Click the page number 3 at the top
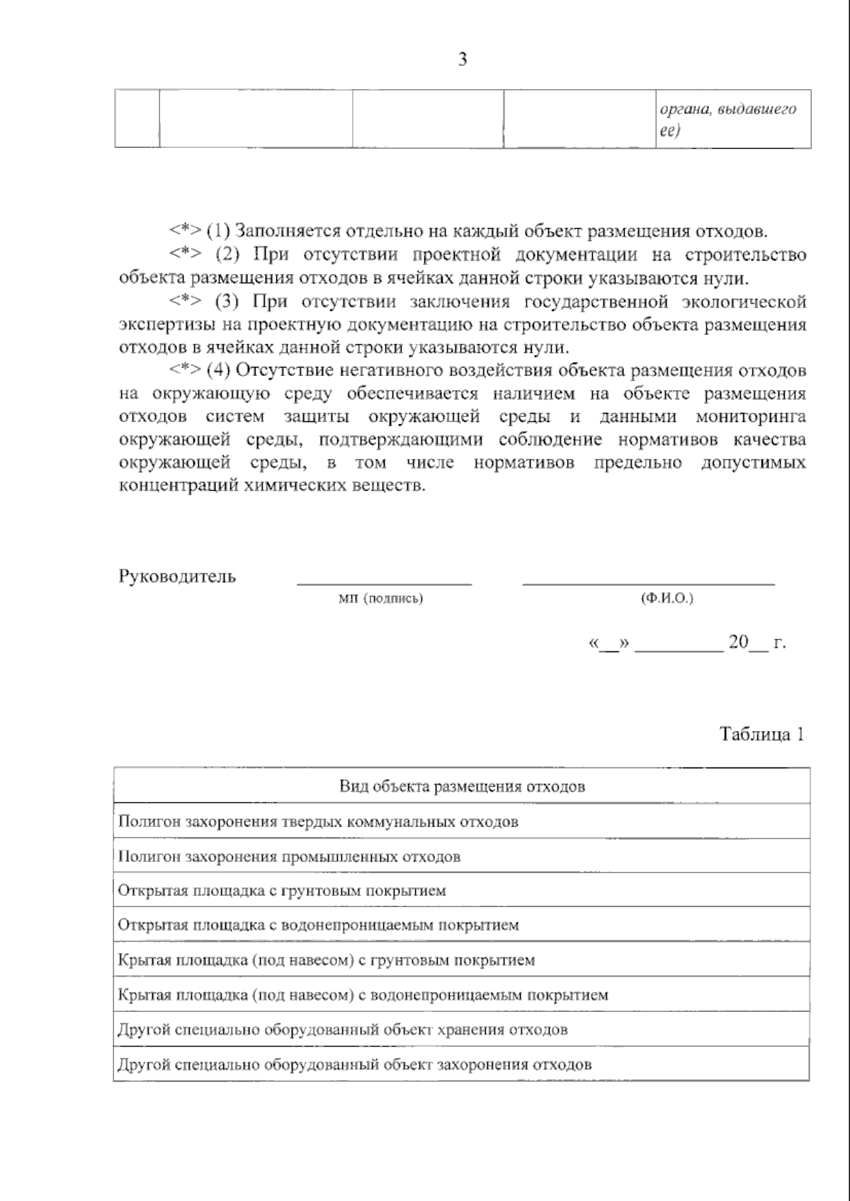point(463,59)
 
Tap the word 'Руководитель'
point(177,576)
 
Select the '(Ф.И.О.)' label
point(667,599)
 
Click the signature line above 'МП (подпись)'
point(384,584)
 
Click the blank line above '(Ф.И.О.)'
point(648,584)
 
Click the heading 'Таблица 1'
point(761,734)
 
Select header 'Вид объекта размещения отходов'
point(462,786)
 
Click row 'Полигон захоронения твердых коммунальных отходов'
point(318,821)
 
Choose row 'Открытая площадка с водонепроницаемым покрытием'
point(318,925)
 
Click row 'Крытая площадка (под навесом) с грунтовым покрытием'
point(326,960)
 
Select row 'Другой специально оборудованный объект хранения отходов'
point(342,1029)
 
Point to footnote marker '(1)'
point(218,232)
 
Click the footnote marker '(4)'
point(218,370)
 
